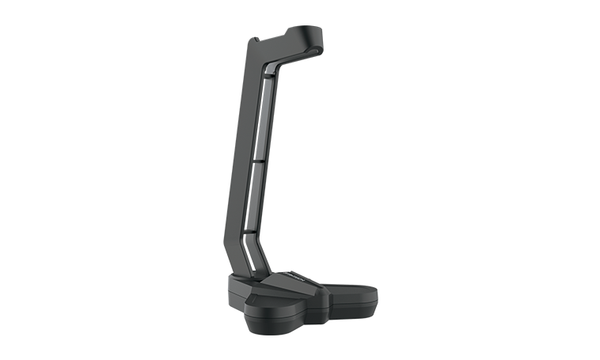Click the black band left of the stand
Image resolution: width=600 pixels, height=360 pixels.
(111, 180)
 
